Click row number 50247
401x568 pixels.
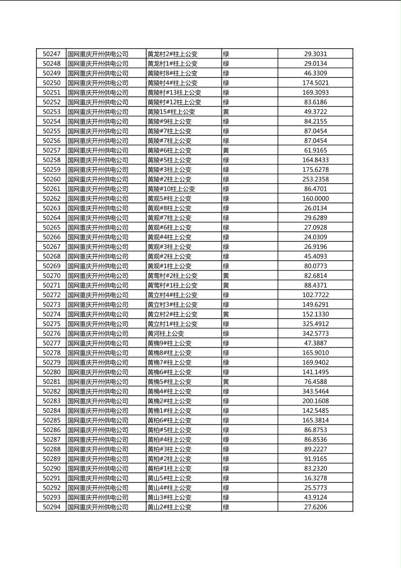pyautogui.click(x=51, y=54)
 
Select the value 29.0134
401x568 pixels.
pyautogui.click(x=316, y=63)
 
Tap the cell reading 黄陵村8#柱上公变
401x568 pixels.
pyautogui.click(x=172, y=73)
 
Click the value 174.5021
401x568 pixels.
pyautogui.click(x=316, y=83)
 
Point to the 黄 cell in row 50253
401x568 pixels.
pyautogui.click(x=226, y=112)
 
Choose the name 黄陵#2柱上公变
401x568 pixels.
pyautogui.click(x=169, y=179)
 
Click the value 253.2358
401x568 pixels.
pyautogui.click(x=316, y=179)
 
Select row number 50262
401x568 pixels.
pyautogui.click(x=51, y=198)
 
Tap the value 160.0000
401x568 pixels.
pyautogui.click(x=316, y=198)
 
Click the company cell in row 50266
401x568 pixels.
pyautogui.click(x=98, y=237)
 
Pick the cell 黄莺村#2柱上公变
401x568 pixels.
pyautogui.click(x=172, y=275)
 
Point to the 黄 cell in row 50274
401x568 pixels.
pyautogui.click(x=226, y=314)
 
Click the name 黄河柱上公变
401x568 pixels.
pyautogui.click(x=165, y=334)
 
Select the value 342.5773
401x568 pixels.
pyautogui.click(x=316, y=334)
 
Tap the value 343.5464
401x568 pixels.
pyautogui.click(x=316, y=392)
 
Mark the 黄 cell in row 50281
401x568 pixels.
pyautogui.click(x=226, y=382)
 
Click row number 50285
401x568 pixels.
pyautogui.click(x=51, y=420)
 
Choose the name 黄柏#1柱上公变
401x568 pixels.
pyautogui.click(x=169, y=469)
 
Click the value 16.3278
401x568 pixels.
pyautogui.click(x=316, y=478)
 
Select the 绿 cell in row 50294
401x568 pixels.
pyautogui.click(x=226, y=507)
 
